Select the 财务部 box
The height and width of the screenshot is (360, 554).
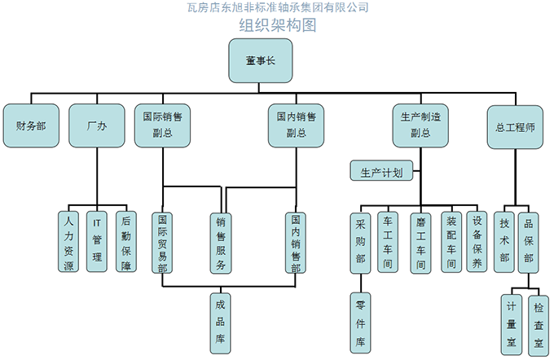click(x=31, y=126)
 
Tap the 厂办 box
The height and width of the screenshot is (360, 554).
click(x=96, y=126)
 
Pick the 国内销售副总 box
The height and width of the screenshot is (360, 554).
click(x=297, y=125)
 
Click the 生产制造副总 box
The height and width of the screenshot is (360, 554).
click(x=420, y=125)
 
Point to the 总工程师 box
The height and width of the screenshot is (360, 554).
click(x=515, y=126)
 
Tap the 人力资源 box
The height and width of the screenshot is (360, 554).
click(x=68, y=241)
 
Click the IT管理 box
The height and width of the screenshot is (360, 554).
click(x=97, y=241)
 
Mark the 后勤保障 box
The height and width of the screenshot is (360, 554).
click(x=125, y=241)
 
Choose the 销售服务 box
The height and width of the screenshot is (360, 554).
click(x=221, y=243)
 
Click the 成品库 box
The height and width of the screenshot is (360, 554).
click(x=221, y=321)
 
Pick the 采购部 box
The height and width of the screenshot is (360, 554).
click(x=360, y=242)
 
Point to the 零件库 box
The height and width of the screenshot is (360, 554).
click(x=360, y=323)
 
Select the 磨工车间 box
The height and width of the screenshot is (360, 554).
click(x=420, y=242)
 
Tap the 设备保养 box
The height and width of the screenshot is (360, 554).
click(x=477, y=242)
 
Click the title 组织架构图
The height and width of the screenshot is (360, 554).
click(x=277, y=25)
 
